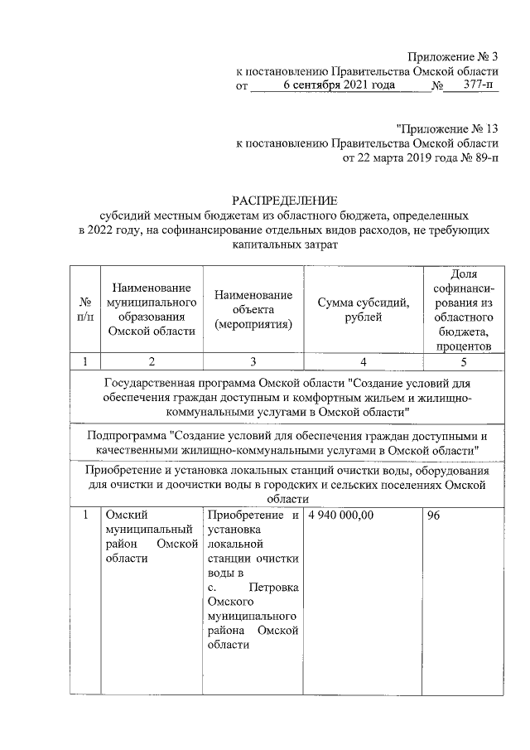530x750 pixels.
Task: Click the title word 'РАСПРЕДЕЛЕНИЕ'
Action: pos(284,200)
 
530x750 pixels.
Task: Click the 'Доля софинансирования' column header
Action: pos(464,309)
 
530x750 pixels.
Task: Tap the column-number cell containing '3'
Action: pos(253,361)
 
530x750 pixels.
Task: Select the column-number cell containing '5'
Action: pos(464,361)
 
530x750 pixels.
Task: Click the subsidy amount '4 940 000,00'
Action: pos(340,515)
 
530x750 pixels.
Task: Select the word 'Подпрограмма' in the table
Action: pos(127,434)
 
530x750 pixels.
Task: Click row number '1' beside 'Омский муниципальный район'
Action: pos(84,515)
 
